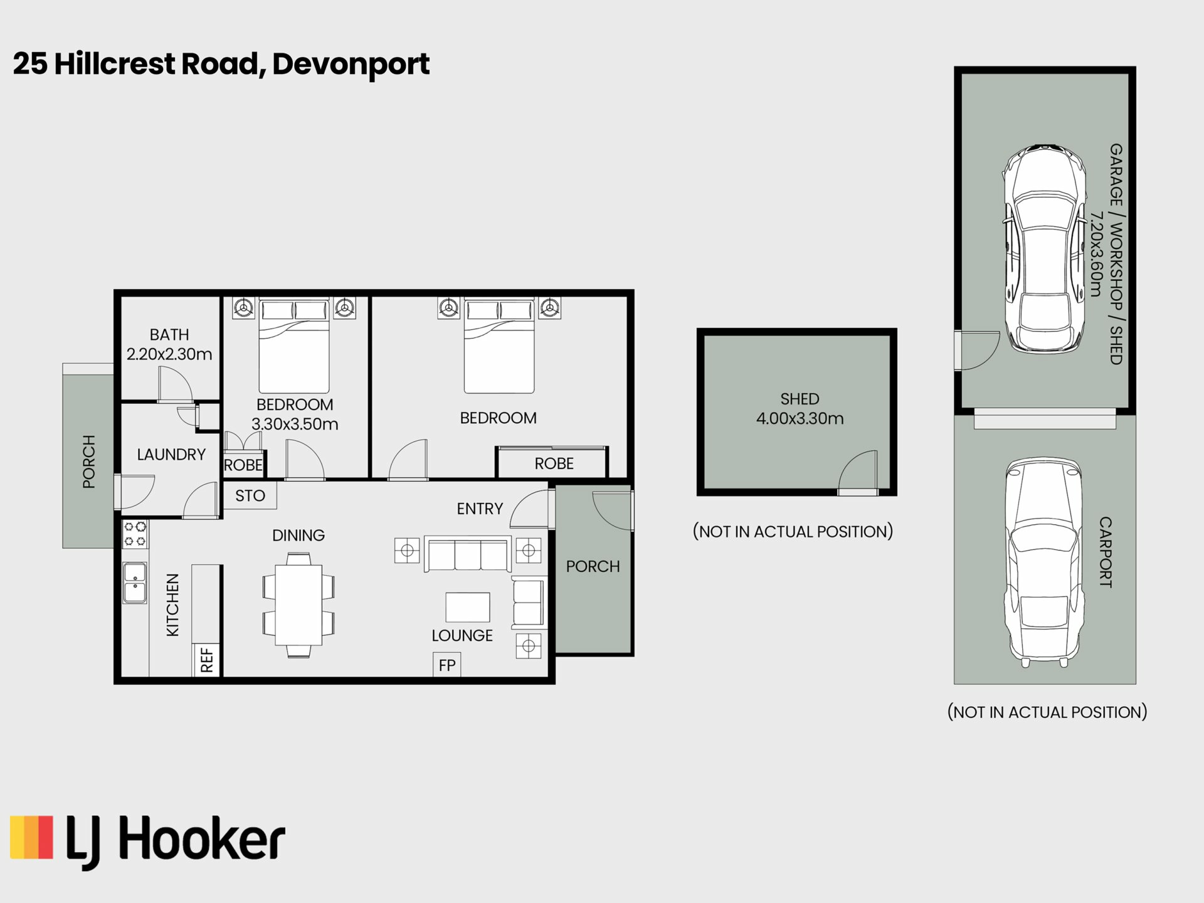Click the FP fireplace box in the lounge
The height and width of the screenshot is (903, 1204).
pos(447,665)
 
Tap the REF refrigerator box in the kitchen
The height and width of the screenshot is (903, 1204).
pos(206,660)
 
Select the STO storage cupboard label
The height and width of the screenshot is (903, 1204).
pos(250,496)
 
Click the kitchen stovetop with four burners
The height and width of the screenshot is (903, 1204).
pos(135,534)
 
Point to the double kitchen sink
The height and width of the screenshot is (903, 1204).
pos(135,583)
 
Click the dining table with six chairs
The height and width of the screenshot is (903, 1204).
pos(298,605)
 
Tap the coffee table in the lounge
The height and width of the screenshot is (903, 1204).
pos(468,607)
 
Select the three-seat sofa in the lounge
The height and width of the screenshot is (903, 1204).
pos(467,554)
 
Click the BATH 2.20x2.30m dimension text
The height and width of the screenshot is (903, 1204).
pos(169,354)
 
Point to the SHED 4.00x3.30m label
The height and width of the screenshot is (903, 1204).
pos(800,409)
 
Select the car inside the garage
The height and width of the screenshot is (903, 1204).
pos(1045,250)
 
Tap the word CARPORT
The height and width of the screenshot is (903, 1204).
pos(1106,552)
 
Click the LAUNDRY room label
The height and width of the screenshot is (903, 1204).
pos(171,455)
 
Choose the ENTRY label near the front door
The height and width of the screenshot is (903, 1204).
pos(480,509)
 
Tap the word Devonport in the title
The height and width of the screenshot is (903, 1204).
pos(351,65)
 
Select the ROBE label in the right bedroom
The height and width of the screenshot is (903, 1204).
pos(554,463)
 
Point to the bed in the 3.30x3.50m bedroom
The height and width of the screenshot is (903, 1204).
pos(294,346)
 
